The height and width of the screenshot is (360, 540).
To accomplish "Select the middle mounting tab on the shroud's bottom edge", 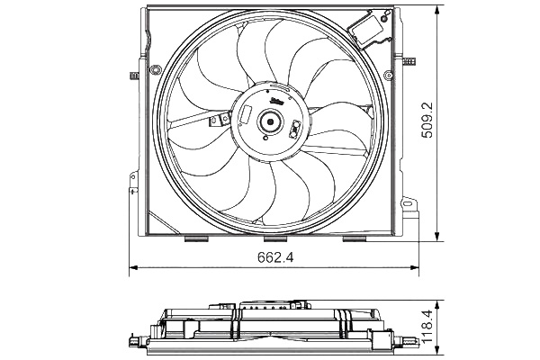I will [274, 239].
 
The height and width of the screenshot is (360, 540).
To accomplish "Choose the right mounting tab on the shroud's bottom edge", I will [351, 239].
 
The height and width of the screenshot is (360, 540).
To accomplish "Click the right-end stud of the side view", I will [413, 340].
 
